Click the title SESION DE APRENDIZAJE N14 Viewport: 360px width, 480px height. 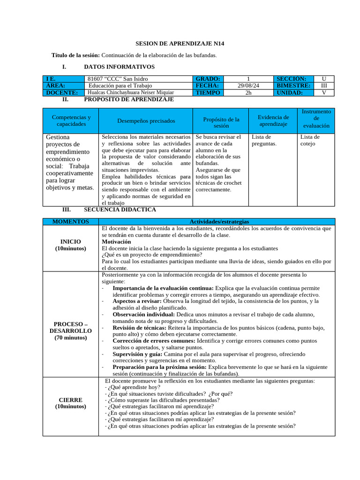coord(180,44)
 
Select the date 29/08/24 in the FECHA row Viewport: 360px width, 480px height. coord(248,86)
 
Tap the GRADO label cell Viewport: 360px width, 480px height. coord(207,79)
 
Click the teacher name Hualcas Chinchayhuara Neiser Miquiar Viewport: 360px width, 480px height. coord(131,93)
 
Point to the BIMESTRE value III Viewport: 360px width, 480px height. coord(323,86)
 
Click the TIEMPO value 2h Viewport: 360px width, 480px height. coord(248,93)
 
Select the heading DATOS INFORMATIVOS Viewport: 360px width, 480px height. coord(119,67)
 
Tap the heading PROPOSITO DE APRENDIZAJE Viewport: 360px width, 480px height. coord(128,100)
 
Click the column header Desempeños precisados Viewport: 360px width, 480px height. coord(146,121)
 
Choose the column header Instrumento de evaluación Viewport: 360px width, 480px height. coord(316,119)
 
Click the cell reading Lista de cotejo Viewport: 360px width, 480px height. coord(310,140)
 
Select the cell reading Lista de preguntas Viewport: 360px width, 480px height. coord(264,140)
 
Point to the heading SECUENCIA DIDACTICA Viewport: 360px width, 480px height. coord(120,210)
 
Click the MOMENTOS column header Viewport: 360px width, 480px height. coord(71,221)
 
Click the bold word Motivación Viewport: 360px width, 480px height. coord(116,241)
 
